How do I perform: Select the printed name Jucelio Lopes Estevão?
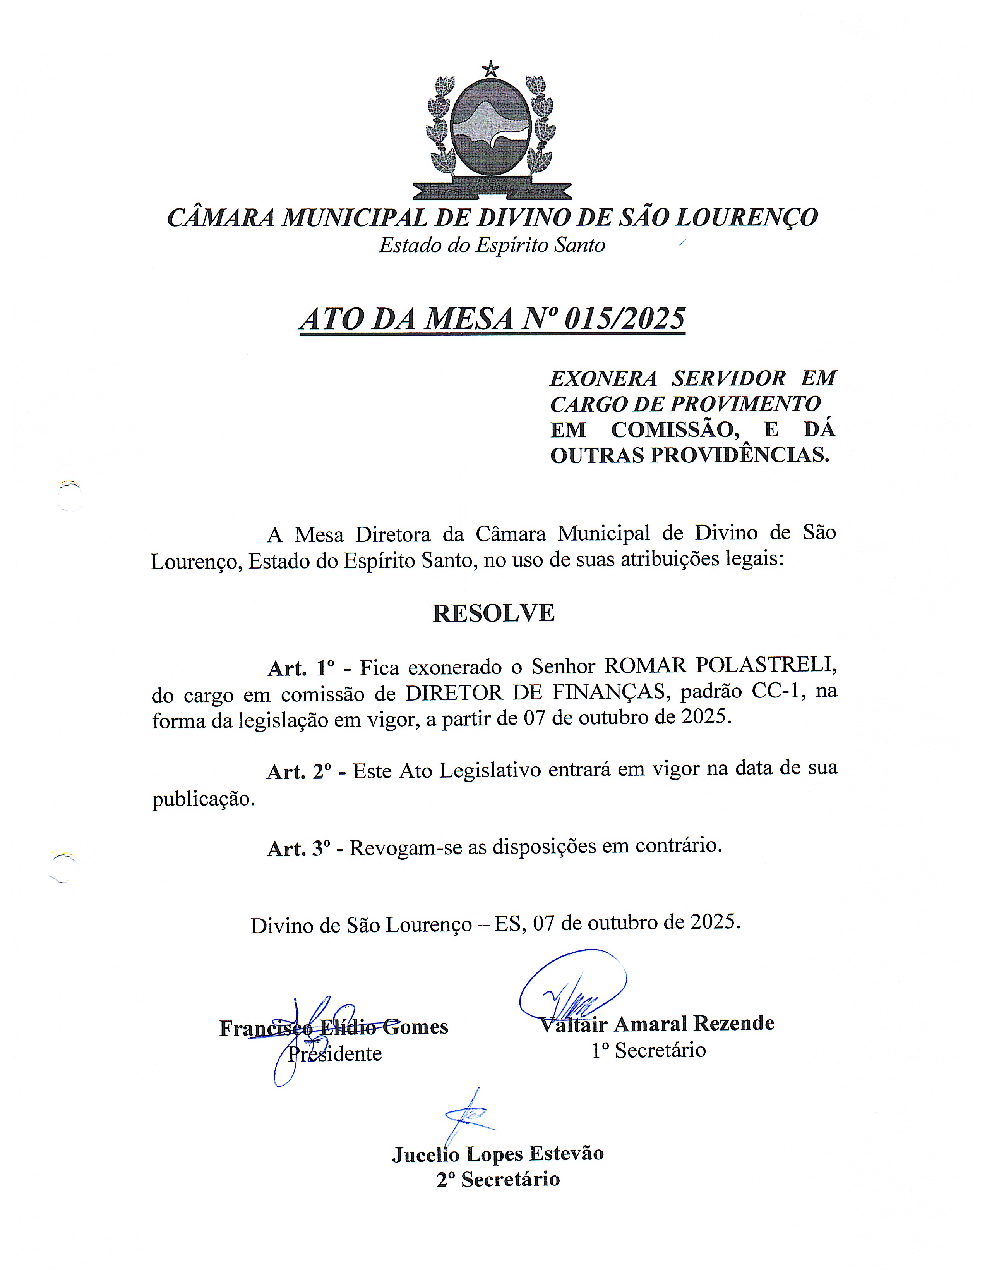tap(498, 1153)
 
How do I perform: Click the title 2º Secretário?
tap(498, 1180)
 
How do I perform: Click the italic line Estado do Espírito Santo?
tap(492, 245)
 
